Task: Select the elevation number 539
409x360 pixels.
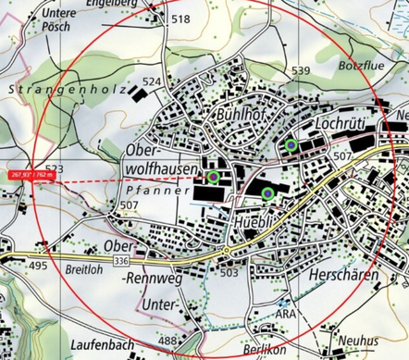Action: coord(301,71)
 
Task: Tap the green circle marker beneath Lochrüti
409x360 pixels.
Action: coord(291,144)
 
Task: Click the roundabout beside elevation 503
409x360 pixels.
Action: coord(226,251)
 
